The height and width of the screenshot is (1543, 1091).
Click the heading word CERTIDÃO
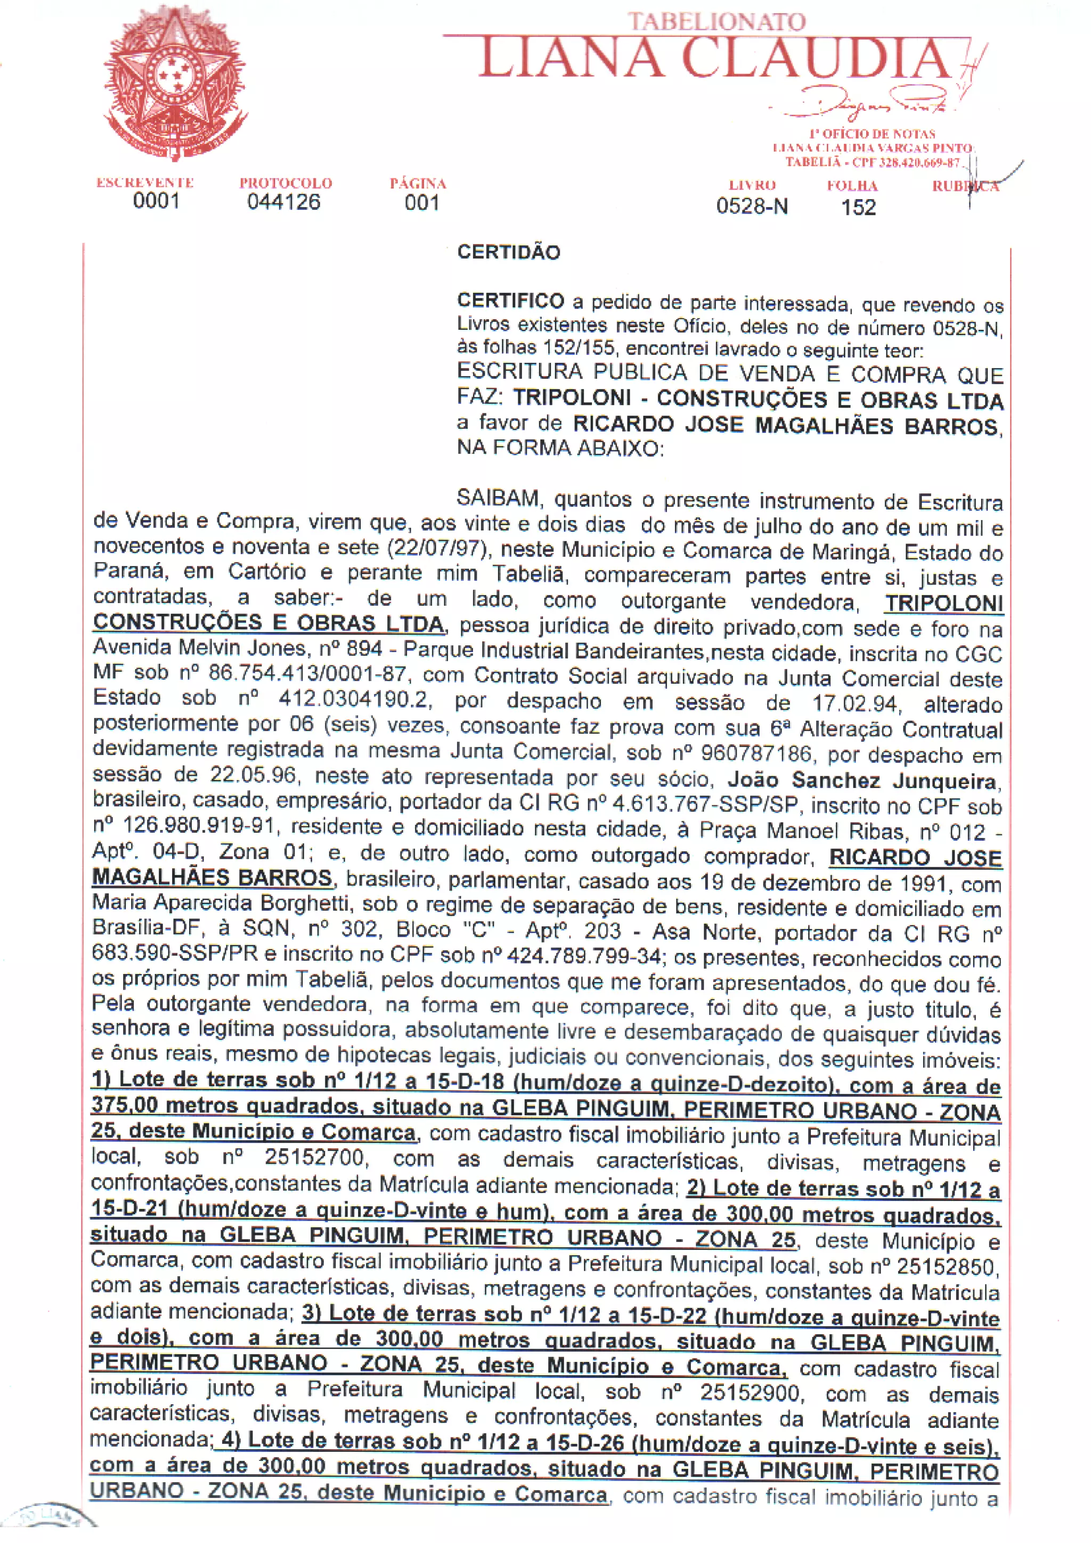(x=509, y=253)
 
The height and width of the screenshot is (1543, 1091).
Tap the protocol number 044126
(x=283, y=201)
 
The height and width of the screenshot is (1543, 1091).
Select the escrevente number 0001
(x=156, y=201)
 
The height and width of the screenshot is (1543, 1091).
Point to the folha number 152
(x=859, y=207)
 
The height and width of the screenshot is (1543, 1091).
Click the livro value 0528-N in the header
(x=752, y=206)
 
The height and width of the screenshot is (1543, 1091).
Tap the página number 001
(x=422, y=202)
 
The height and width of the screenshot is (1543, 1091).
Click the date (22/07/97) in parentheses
(x=437, y=548)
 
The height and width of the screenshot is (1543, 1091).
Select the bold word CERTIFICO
(x=510, y=301)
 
